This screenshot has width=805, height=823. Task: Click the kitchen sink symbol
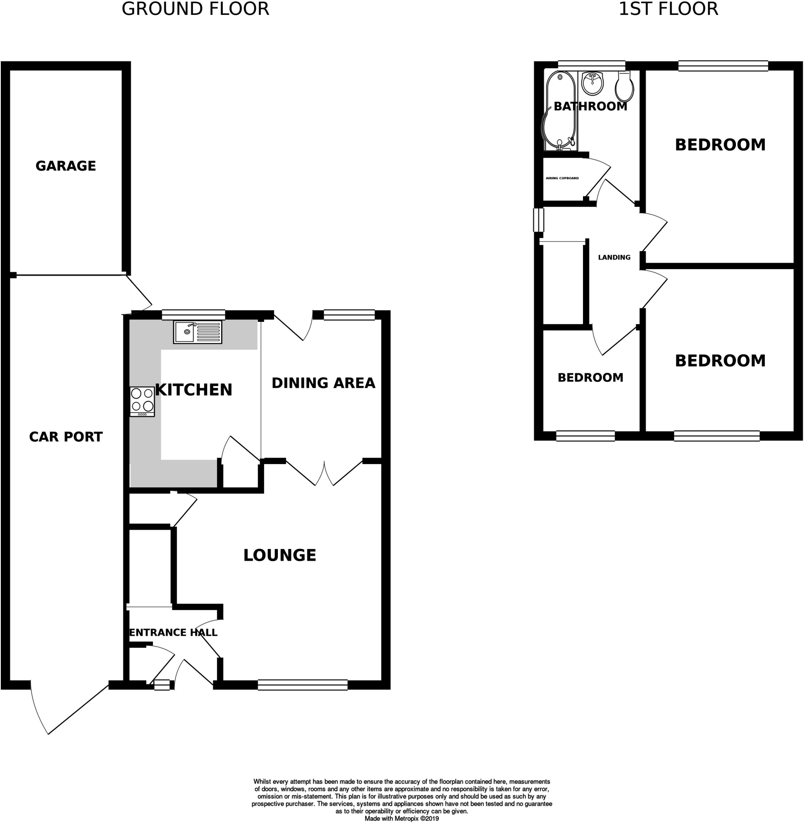(x=198, y=332)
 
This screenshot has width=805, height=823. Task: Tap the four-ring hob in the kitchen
(x=142, y=401)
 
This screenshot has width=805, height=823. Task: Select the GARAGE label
(x=65, y=166)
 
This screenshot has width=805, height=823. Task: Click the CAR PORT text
(x=65, y=437)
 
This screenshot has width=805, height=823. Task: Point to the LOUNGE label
(x=279, y=555)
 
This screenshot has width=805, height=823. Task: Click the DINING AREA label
(x=323, y=383)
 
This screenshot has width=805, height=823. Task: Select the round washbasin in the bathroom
(x=592, y=83)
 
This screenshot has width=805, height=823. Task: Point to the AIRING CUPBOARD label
(x=562, y=178)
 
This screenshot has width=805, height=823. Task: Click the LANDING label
(x=614, y=257)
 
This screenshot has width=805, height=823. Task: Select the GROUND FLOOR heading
(x=196, y=9)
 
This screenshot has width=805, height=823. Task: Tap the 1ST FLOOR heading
(x=668, y=9)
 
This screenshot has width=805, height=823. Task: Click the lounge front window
(x=302, y=685)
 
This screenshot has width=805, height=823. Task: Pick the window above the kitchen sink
(x=193, y=314)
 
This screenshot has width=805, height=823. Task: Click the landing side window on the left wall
(x=538, y=220)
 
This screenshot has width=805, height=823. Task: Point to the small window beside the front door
(x=161, y=685)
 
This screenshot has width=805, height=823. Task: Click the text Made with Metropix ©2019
(x=401, y=818)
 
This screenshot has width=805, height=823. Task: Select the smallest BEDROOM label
(x=590, y=377)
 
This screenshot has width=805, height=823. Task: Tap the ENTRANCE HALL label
(x=173, y=633)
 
